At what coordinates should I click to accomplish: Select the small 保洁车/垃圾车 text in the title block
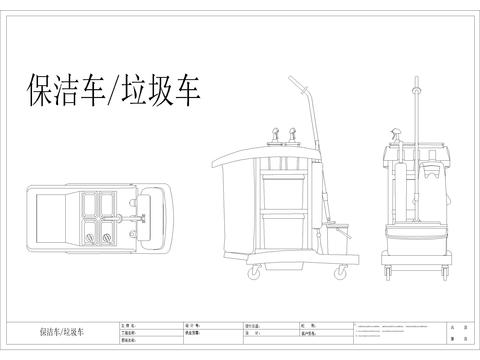point(62,330)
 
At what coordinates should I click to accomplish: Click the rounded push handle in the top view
point(152,213)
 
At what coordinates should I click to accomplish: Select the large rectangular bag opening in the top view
point(49,214)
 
